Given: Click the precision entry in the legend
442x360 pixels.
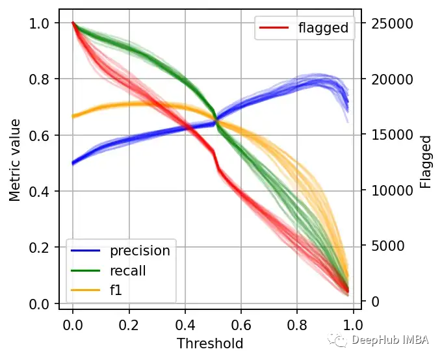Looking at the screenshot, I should pyautogui.click(x=140, y=250).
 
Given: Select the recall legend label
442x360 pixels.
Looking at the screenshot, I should pyautogui.click(x=128, y=270).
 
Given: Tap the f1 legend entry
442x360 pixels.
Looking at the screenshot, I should pyautogui.click(x=117, y=290).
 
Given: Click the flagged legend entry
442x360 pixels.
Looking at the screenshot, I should pyautogui.click(x=323, y=28).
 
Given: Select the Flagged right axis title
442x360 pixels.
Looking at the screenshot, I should pyautogui.click(x=426, y=162).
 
